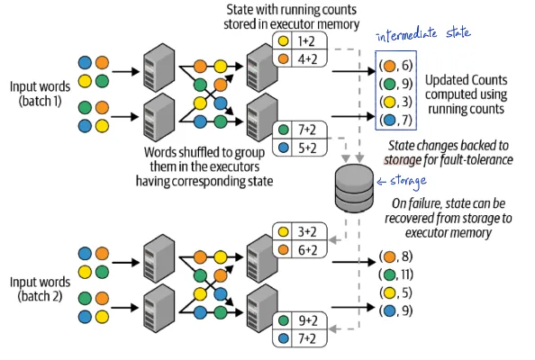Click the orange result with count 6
pyautogui.click(x=396, y=66)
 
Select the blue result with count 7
pyautogui.click(x=396, y=120)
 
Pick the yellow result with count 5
pyautogui.click(x=396, y=292)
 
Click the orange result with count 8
pyautogui.click(x=396, y=256)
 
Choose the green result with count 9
pyautogui.click(x=396, y=84)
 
